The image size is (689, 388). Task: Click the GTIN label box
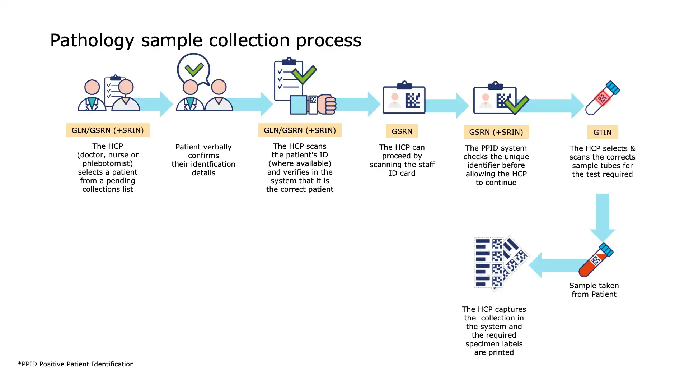tap(602, 132)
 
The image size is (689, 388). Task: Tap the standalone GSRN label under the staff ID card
tap(402, 131)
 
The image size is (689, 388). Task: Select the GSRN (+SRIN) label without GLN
tap(496, 132)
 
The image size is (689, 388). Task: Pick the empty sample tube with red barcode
tap(603, 98)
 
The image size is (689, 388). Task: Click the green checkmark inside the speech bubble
tap(194, 69)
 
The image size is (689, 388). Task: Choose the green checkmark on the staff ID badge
tap(517, 105)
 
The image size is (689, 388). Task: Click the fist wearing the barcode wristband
tap(326, 104)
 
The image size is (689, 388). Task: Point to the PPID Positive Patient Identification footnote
tap(76, 364)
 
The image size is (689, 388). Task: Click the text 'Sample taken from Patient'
tap(594, 290)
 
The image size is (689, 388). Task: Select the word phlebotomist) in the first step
tap(108, 163)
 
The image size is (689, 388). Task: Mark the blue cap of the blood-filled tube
tap(606, 249)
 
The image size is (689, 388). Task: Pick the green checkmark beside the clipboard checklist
tap(304, 75)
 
